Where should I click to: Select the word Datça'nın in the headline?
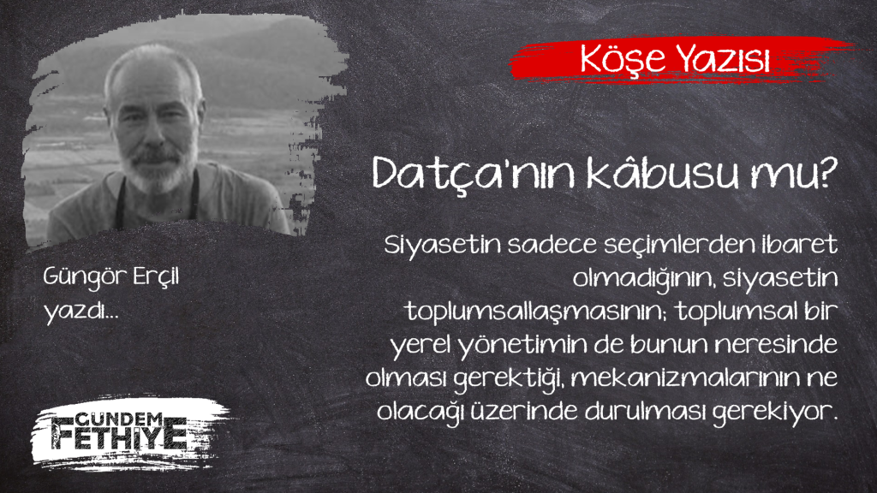point(474,175)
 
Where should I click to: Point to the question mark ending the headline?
point(825,172)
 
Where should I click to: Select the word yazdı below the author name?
point(75,311)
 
